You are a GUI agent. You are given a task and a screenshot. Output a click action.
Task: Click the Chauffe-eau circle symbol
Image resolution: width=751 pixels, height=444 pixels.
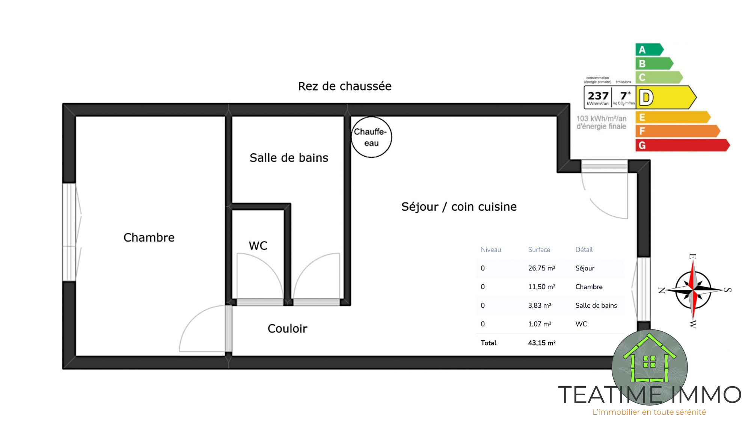coord(371,137)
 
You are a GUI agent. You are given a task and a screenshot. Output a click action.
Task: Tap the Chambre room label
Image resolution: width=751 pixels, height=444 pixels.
coord(149,237)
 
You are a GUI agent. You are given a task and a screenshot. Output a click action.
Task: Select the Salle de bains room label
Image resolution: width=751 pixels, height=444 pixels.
coord(289,158)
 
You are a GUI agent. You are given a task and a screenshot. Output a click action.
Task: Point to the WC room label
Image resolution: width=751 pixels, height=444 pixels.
coord(258,246)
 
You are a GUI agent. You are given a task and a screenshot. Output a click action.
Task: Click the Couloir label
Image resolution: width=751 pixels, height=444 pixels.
coord(287,329)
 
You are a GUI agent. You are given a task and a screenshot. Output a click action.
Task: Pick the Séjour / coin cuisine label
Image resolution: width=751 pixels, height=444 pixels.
coord(459,207)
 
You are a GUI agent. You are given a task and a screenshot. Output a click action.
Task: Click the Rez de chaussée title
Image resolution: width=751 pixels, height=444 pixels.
coord(345,86)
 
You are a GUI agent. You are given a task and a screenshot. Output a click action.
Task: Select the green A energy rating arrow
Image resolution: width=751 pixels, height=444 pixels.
coord(650,50)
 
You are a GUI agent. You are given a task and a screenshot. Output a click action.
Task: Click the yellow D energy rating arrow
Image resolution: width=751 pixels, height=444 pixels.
coord(666,97)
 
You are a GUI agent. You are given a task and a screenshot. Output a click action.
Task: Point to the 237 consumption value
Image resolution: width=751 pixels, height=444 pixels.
coord(598,96)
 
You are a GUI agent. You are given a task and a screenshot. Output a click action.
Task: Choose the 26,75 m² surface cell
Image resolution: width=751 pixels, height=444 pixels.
coord(541,268)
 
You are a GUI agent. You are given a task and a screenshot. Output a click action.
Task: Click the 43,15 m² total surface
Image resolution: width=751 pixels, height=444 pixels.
coord(542,343)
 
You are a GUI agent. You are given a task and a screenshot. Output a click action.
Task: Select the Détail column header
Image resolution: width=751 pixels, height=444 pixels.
coord(584,249)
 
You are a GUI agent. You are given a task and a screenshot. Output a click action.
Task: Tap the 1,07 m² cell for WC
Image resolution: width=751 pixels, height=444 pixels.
coord(540,324)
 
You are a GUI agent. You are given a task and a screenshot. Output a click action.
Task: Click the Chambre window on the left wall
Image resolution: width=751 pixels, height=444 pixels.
coord(69,232)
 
